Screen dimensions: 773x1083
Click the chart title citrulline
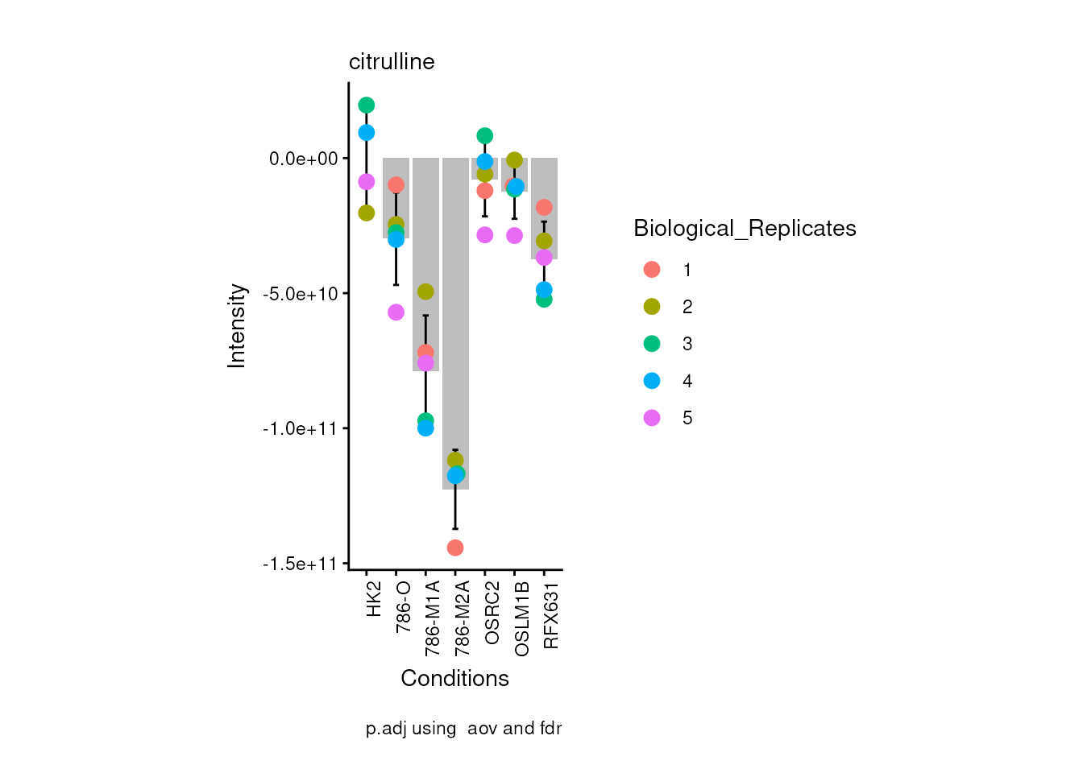pos(392,62)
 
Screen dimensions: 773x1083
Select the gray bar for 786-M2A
pos(455,322)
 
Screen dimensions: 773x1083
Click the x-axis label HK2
pos(374,600)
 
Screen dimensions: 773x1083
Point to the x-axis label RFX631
pos(551,615)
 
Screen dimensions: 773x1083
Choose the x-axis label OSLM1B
pos(521,618)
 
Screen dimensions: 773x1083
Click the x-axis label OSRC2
pos(492,613)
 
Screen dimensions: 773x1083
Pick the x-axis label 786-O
pos(404,606)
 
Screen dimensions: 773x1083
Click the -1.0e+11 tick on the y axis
pos(300,428)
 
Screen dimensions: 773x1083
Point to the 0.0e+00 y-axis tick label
pos(304,159)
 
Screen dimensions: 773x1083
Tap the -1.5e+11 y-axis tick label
pos(300,564)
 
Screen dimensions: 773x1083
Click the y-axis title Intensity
pos(237,325)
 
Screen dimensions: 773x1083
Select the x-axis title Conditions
pos(454,679)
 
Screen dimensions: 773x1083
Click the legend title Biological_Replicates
pos(745,229)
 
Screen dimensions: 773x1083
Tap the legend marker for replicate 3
pos(652,344)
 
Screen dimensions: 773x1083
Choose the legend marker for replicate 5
pos(652,418)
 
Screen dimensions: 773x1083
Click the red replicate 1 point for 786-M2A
pos(455,548)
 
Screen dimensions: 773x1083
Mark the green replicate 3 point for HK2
pos(367,105)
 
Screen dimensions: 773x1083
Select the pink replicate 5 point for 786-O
pos(396,312)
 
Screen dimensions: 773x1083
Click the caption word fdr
pos(550,729)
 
